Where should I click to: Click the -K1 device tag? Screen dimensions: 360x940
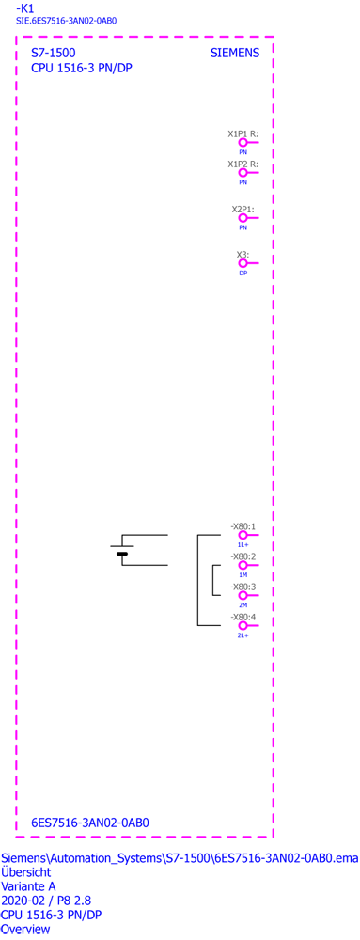[24, 8]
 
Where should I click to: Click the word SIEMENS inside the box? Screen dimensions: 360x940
[235, 53]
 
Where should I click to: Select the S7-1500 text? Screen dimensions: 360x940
[54, 53]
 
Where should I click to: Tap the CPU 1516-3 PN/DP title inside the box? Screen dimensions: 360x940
[82, 68]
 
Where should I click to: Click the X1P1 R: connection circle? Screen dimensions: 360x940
[243, 143]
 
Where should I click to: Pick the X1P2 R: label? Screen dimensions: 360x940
[243, 164]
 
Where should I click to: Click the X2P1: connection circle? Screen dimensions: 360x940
[243, 218]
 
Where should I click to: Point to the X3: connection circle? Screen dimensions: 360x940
[243, 263]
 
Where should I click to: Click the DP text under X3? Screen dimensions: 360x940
[243, 273]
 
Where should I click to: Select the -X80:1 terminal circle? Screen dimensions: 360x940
[243, 535]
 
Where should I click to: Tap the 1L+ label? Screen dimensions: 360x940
[243, 545]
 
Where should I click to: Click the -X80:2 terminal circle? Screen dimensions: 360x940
[243, 565]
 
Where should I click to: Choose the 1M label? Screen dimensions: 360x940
[243, 575]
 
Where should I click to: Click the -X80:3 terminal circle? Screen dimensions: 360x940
[243, 595]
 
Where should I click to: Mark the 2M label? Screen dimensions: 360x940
[243, 604]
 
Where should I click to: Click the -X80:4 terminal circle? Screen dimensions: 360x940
[243, 625]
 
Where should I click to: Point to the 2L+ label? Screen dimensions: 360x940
[243, 634]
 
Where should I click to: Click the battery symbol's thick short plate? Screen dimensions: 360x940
[122, 554]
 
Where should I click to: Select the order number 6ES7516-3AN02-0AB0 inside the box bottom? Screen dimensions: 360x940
[90, 823]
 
